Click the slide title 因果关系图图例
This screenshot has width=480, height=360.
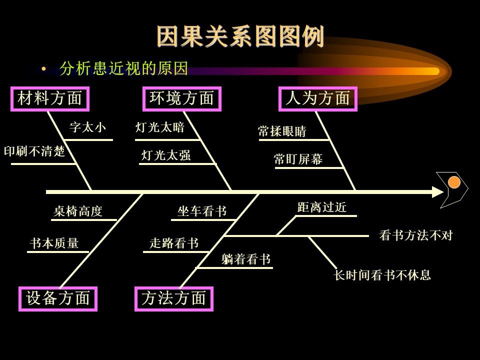[240, 36]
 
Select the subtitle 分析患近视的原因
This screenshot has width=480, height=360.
[123, 68]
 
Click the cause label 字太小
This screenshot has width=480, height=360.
[87, 127]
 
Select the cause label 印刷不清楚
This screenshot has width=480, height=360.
[34, 151]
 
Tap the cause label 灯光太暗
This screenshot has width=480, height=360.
[160, 127]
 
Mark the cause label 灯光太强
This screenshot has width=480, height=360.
[166, 155]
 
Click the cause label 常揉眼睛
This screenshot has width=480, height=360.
[282, 131]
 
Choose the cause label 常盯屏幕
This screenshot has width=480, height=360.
[298, 159]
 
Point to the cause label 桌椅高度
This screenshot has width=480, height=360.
[78, 211]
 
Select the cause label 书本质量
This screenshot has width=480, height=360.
[54, 243]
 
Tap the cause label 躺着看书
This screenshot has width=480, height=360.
[246, 259]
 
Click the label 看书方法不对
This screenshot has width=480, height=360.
[416, 235]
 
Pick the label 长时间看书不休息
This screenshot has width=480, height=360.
[382, 275]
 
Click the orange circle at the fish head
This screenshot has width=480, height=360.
[454, 182]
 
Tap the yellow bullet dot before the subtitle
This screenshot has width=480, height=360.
[44, 69]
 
